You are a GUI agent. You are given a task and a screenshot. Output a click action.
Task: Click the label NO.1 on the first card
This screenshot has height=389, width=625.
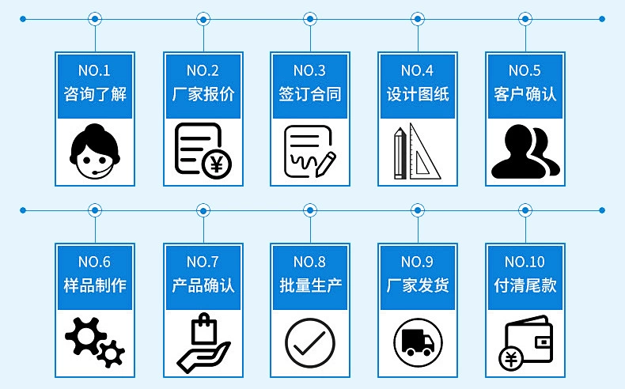[94, 71]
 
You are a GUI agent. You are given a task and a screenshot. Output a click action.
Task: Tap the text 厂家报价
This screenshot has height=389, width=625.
[203, 94]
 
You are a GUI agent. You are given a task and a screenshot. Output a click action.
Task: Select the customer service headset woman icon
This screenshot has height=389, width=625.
[95, 151]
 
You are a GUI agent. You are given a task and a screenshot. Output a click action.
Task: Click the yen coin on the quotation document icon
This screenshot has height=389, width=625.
[217, 164]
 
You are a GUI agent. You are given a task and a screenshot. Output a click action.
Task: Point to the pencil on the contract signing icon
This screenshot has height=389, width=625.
[326, 164]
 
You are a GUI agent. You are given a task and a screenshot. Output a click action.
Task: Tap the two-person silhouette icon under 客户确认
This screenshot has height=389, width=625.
[525, 151]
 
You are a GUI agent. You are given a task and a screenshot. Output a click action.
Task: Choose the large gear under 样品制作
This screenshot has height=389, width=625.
[85, 336]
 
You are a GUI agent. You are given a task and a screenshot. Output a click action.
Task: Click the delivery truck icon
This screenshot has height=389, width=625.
[418, 342]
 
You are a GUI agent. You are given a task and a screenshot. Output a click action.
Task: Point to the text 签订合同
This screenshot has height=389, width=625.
[309, 94]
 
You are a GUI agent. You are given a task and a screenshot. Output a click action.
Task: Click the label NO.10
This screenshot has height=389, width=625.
[525, 262]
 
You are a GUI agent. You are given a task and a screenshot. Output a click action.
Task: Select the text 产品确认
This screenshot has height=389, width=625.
[203, 285]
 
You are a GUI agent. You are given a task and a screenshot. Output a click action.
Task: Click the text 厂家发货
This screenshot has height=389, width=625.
[418, 285]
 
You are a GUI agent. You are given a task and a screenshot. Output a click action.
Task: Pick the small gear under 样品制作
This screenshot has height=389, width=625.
[112, 353]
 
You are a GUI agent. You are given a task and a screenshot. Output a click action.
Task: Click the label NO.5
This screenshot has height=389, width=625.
[525, 71]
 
